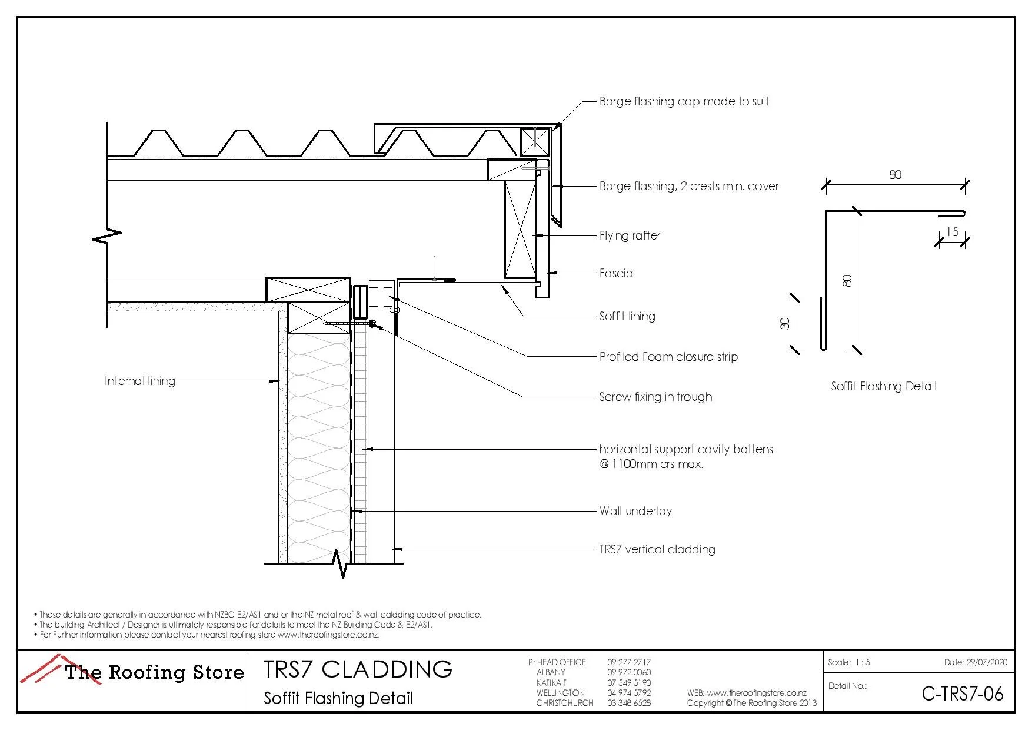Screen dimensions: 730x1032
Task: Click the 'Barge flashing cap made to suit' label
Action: tap(684, 101)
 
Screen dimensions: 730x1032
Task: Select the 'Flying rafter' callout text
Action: tap(630, 235)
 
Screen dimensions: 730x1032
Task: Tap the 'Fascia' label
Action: tap(616, 273)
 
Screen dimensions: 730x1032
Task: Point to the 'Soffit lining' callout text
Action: tap(627, 316)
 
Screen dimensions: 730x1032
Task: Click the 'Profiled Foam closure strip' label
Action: tap(668, 357)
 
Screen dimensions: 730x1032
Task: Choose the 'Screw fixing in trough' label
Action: tap(655, 397)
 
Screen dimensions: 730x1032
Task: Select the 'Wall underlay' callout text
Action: tap(635, 511)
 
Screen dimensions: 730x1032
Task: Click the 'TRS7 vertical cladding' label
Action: tap(657, 549)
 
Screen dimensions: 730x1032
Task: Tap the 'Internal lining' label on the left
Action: tap(140, 381)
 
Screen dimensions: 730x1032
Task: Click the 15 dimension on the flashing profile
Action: tap(952, 231)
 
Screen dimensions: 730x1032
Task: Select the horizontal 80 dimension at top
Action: tap(895, 175)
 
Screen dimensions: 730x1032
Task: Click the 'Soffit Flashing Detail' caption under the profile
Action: tap(883, 386)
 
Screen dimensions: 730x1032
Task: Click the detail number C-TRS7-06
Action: tap(962, 694)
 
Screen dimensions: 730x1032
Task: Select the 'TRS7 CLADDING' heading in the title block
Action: tap(358, 669)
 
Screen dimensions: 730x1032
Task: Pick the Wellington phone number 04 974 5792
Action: tap(629, 693)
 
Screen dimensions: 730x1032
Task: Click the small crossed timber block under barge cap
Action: tap(534, 141)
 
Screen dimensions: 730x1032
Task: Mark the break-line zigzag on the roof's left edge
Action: tap(107, 235)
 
